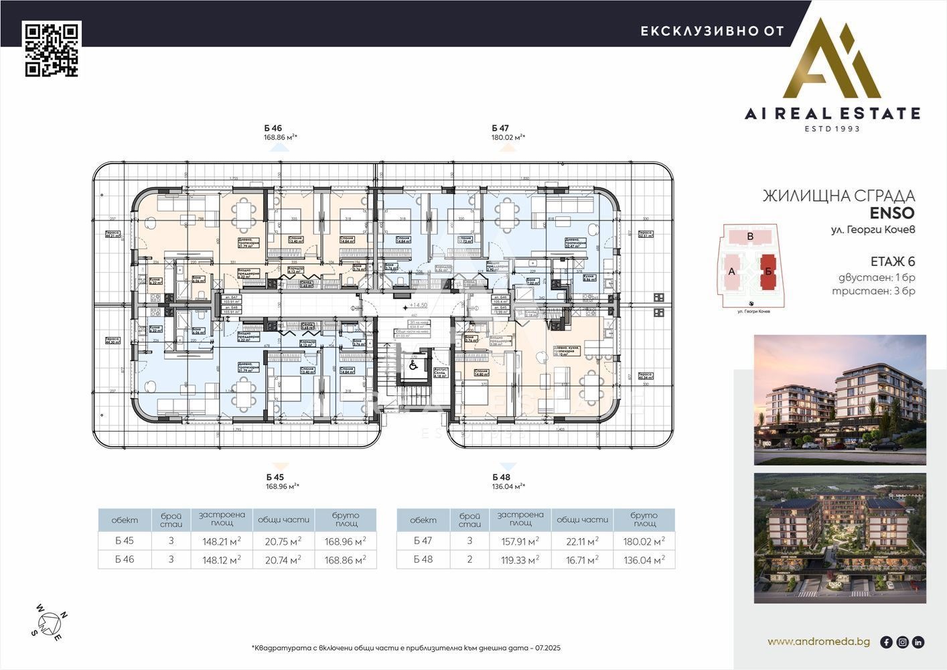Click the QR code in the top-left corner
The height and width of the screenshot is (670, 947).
point(52,49)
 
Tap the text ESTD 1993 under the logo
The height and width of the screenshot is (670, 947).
point(832,128)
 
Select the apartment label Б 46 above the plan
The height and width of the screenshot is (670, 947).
point(273,128)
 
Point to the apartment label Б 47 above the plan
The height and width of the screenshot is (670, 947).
point(500,128)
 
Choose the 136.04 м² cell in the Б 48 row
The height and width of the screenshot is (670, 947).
point(644,559)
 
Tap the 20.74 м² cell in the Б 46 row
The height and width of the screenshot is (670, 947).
point(283,559)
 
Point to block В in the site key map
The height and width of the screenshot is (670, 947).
point(750,237)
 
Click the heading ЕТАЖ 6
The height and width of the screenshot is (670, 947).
point(892,261)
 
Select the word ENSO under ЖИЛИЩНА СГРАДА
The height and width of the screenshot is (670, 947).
point(892,213)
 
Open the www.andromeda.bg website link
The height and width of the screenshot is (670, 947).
point(818,642)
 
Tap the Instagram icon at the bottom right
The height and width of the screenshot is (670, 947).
point(902,642)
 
